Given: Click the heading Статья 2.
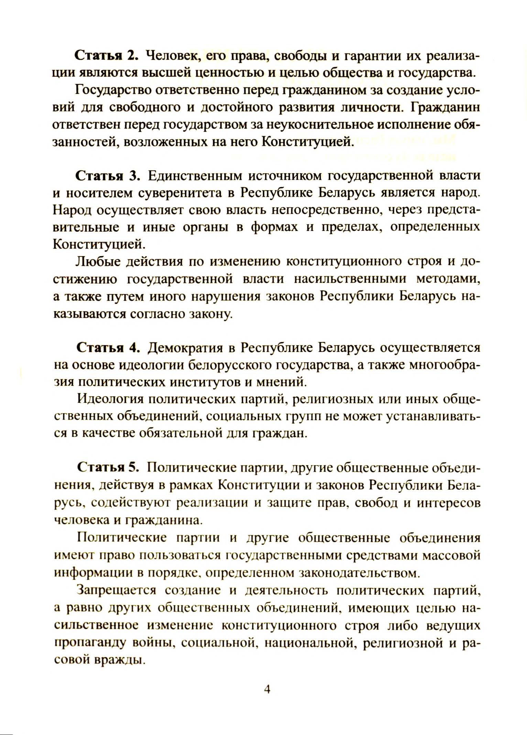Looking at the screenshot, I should pyautogui.click(x=106, y=56).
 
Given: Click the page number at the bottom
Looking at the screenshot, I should pyautogui.click(x=267, y=689).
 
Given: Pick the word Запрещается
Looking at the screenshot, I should pyautogui.click(x=117, y=590).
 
